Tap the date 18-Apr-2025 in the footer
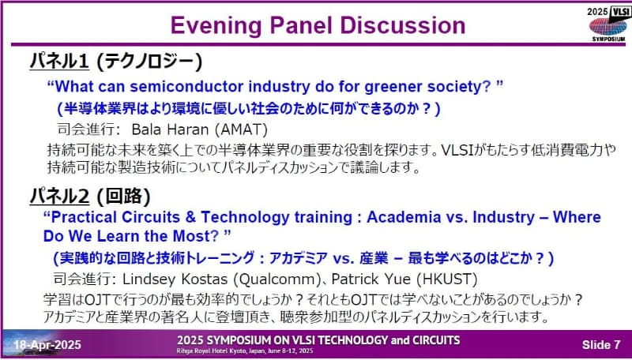46,345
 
